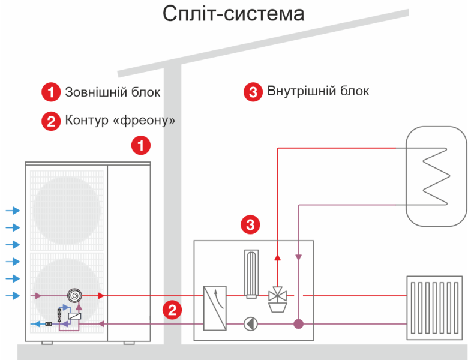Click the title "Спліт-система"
233,14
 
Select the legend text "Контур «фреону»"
120,120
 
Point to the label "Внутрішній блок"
318,91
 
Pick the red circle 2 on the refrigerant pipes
172,310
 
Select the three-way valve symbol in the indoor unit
277,295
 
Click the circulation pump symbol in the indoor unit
250,324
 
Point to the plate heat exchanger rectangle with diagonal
215,308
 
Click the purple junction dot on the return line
298,324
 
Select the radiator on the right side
433,306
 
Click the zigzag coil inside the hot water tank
435,176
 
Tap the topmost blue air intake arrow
13,210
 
